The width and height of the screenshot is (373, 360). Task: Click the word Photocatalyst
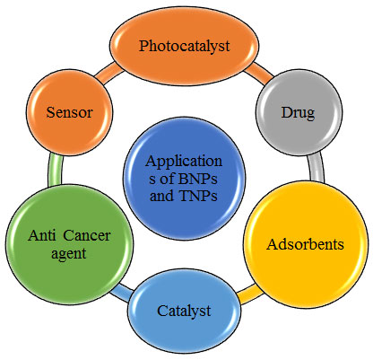click(185, 47)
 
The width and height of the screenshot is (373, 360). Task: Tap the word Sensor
click(69, 112)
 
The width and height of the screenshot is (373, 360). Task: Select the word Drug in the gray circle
click(298, 113)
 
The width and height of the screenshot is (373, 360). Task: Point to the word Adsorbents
click(305, 244)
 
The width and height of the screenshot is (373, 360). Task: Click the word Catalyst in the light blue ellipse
click(184, 312)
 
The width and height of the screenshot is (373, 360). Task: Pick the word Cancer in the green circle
click(87, 235)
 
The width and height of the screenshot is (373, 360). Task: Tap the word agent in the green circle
click(69, 254)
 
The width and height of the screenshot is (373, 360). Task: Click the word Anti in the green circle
click(42, 235)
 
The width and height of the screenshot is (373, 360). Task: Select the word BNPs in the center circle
click(197, 179)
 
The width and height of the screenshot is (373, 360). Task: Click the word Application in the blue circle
click(184, 162)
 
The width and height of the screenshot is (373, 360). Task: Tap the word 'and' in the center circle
click(161, 196)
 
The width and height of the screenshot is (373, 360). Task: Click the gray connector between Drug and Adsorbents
click(317, 168)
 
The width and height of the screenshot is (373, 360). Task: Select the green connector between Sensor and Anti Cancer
click(56, 170)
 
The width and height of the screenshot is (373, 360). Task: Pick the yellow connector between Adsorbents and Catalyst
click(248, 294)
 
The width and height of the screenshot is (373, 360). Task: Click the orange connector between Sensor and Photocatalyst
click(109, 73)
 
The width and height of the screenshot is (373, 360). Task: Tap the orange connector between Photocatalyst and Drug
click(259, 73)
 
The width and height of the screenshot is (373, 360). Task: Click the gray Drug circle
click(299, 112)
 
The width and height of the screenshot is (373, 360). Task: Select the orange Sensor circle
click(69, 112)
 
